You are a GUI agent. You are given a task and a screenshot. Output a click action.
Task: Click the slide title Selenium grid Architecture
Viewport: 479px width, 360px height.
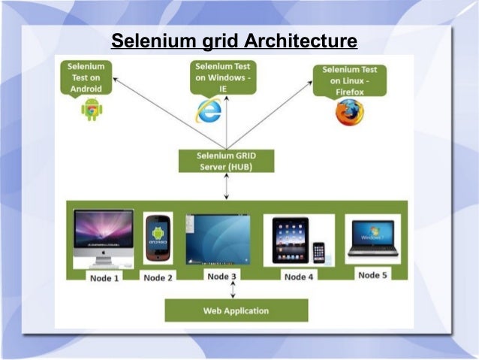point(234,40)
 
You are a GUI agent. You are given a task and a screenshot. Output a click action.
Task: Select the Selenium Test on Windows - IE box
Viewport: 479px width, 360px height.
point(223,77)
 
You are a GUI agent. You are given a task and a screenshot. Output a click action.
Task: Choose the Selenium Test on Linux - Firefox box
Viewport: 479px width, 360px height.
point(351,80)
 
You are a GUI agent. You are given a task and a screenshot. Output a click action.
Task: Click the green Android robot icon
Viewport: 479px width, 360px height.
point(92,109)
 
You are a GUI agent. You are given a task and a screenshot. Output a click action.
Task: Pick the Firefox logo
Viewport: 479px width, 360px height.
point(349,112)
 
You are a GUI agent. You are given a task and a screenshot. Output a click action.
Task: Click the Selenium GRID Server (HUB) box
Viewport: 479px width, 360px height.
point(225,160)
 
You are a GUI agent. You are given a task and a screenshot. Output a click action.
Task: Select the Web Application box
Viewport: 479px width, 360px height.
point(236,310)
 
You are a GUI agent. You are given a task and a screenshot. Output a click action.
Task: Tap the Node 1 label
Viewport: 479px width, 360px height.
point(105,278)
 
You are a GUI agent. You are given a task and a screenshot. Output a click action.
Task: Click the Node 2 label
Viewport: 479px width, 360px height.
point(158,278)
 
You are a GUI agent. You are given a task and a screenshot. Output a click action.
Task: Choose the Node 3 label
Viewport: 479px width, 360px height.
point(221,277)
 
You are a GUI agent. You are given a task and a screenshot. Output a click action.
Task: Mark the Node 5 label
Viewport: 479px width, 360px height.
point(372,275)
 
